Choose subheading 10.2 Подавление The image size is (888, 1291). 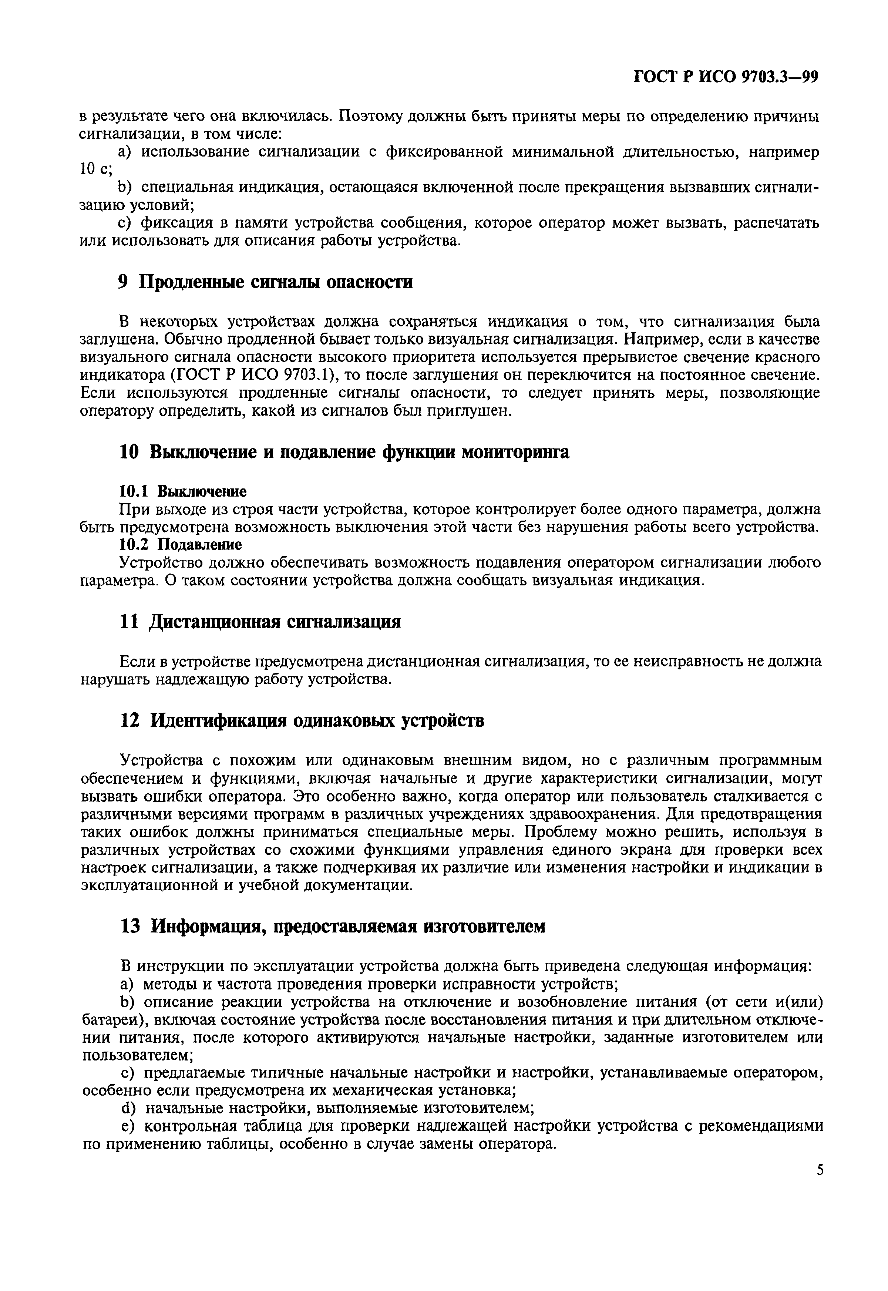[181, 544]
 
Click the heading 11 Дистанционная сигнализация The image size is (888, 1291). [260, 622]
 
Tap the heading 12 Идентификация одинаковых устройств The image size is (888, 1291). [302, 721]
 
